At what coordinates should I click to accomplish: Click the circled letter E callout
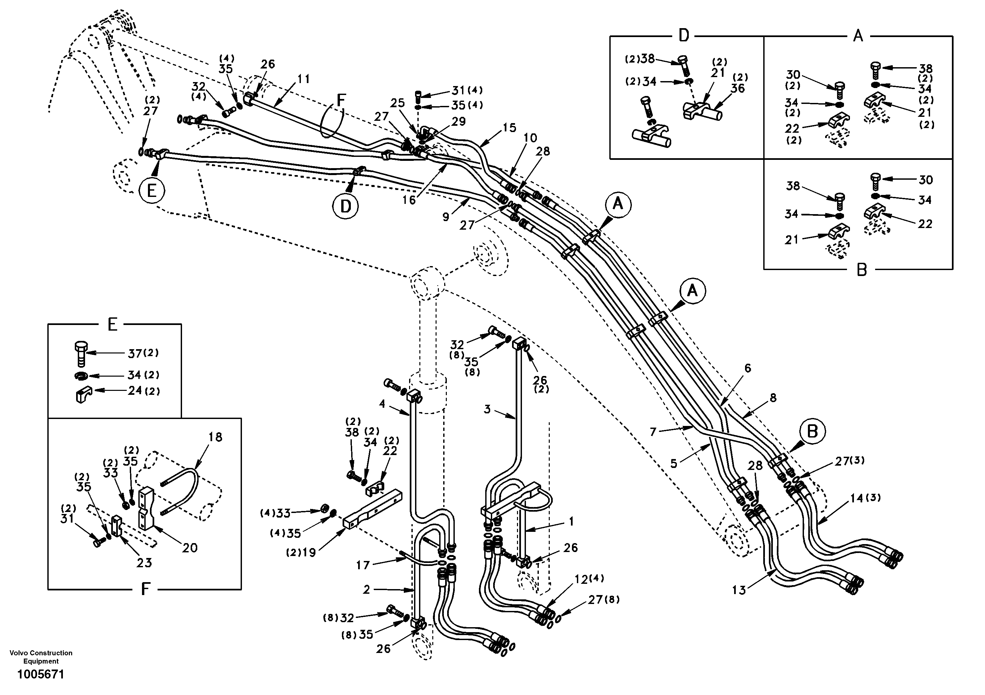(152, 191)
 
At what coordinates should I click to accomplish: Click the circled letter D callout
(345, 207)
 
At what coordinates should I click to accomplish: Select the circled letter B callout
(813, 432)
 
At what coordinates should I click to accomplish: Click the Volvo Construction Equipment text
(41, 657)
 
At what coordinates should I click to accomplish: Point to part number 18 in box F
(215, 437)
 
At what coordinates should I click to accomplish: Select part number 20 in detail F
(190, 547)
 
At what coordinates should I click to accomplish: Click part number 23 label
(144, 562)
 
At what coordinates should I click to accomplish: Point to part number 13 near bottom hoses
(739, 590)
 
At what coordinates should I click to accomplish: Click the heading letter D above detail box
(683, 36)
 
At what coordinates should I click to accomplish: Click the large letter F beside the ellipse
(341, 100)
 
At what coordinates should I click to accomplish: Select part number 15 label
(509, 127)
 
